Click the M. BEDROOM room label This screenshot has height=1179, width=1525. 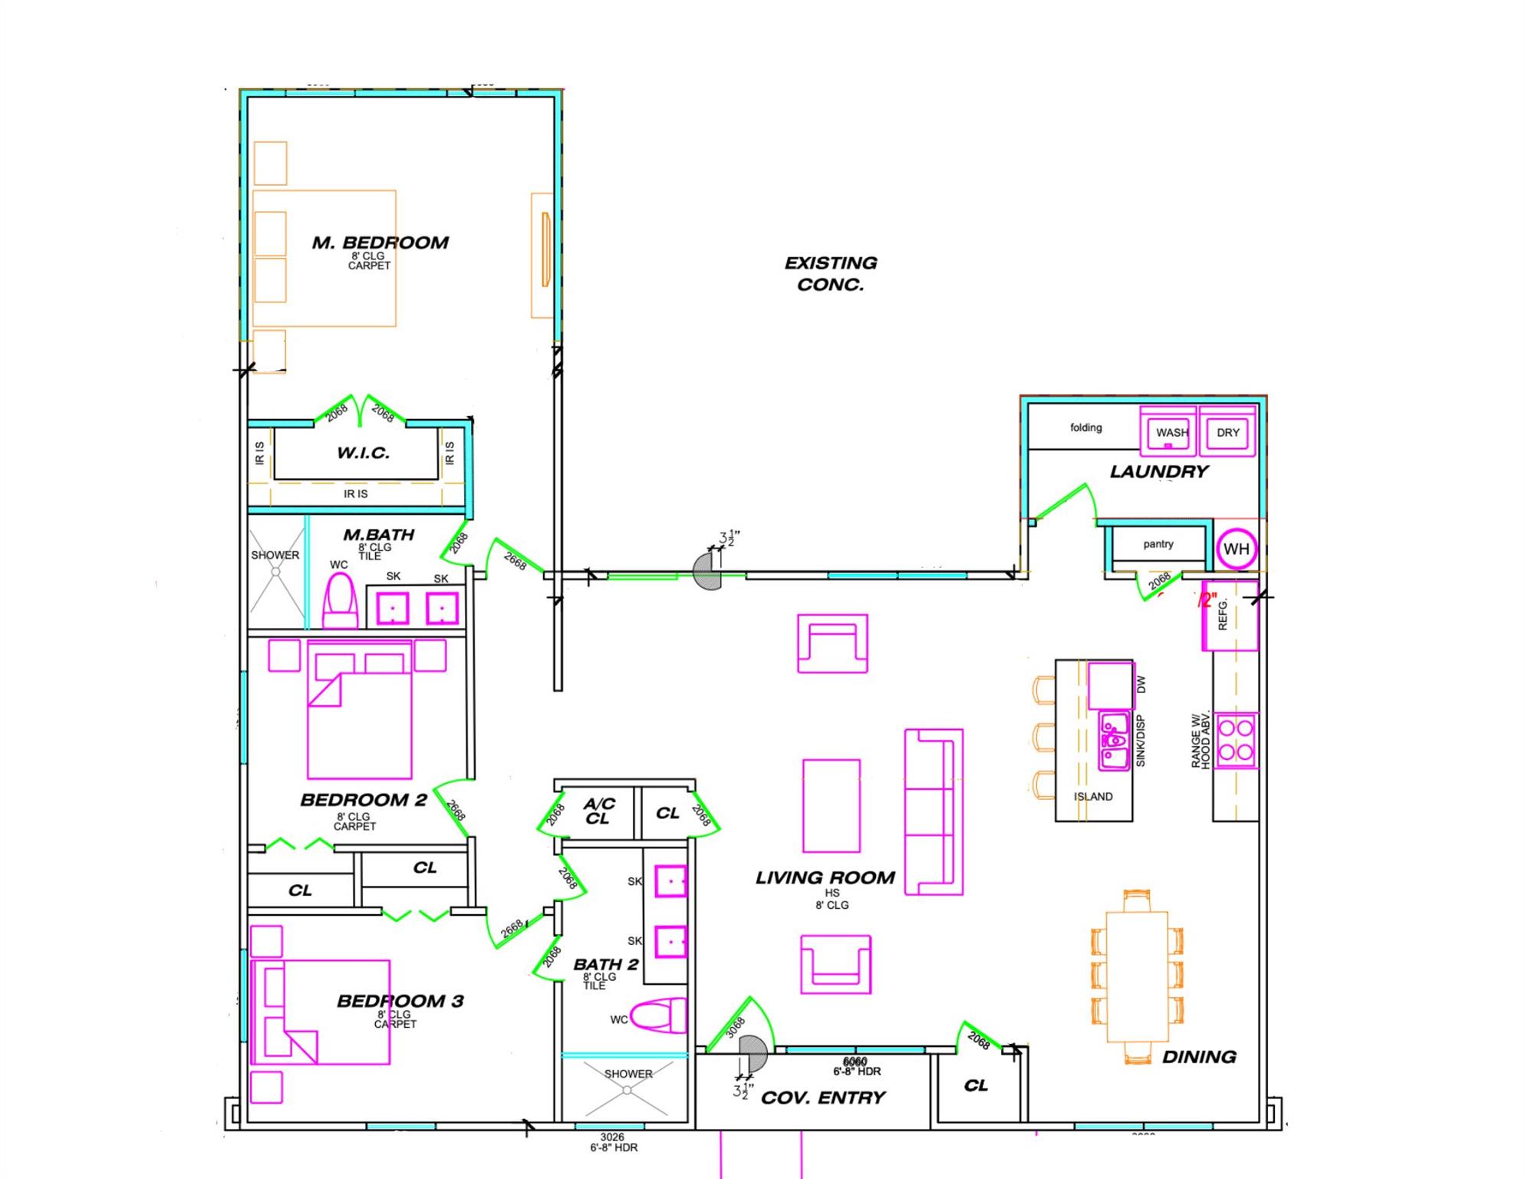tap(380, 243)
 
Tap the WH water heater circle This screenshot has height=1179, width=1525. tap(1236, 549)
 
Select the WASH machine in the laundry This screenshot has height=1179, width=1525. tap(1168, 432)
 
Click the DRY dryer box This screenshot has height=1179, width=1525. tap(1227, 432)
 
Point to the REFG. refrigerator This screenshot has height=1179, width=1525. tap(1229, 616)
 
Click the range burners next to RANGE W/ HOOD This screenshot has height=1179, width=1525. tap(1235, 740)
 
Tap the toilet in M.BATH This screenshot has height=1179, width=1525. tap(341, 603)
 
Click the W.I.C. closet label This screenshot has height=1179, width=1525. tap(363, 453)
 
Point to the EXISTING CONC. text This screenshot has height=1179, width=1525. tap(830, 273)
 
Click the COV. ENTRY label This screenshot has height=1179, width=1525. tap(823, 1098)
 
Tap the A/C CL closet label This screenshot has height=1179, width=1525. tap(598, 811)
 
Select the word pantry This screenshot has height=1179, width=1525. tap(1158, 544)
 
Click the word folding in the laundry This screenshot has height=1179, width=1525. tap(1085, 428)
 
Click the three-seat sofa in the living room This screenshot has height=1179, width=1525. tap(933, 811)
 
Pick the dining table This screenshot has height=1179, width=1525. tap(1137, 976)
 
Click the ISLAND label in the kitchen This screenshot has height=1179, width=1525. tap(1092, 797)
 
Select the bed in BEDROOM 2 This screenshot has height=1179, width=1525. tap(359, 710)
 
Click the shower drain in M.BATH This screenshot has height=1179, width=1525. tap(275, 572)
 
